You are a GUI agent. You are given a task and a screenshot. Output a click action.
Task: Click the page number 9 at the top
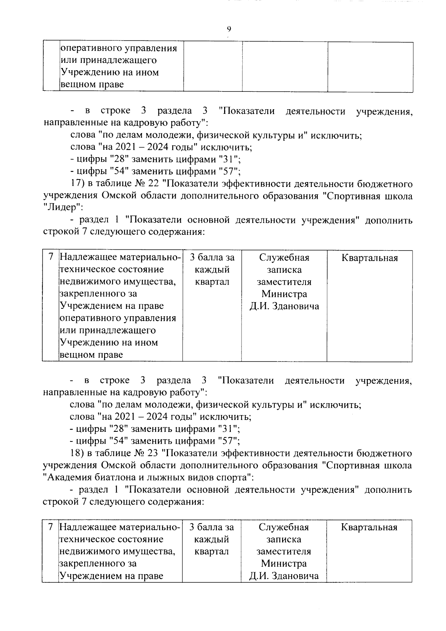click(x=229, y=29)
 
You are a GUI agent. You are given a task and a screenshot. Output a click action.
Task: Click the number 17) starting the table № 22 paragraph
click(x=77, y=184)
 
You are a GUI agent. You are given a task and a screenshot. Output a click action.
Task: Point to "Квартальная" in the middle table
click(x=369, y=258)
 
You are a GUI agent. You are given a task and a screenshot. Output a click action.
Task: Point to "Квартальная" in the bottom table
click(x=369, y=527)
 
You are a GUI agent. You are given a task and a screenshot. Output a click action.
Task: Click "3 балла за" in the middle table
click(x=212, y=258)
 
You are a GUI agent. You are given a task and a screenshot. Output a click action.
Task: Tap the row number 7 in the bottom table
click(x=51, y=527)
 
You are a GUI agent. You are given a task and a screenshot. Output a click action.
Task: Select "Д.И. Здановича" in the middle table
click(x=284, y=307)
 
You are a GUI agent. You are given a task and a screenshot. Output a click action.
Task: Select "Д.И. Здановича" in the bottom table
click(x=284, y=576)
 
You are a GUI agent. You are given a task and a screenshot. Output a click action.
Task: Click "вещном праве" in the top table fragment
click(x=92, y=85)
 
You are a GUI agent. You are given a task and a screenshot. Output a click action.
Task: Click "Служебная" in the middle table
click(x=284, y=258)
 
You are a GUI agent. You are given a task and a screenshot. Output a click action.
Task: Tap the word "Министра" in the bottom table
click(x=284, y=564)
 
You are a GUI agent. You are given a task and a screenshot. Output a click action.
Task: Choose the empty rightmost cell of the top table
click(x=370, y=67)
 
